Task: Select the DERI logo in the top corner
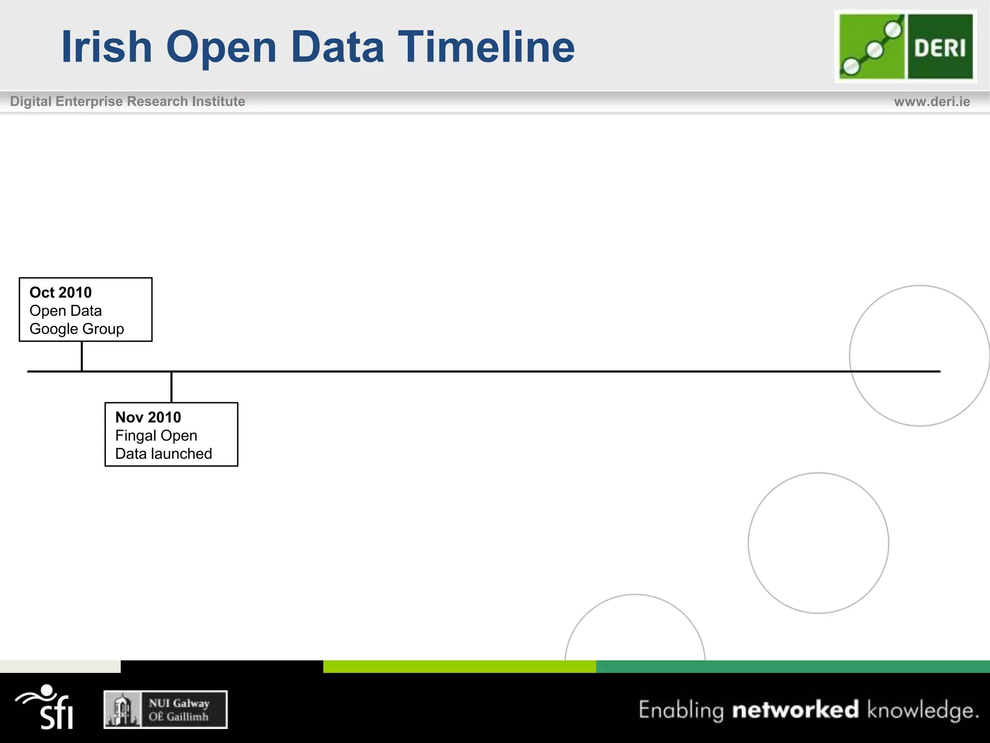[905, 46]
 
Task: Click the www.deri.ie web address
[932, 102]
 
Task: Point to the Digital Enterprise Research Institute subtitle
[128, 102]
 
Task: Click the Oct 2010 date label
[60, 293]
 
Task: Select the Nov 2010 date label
[148, 417]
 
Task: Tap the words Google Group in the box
[77, 329]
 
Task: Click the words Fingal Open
[156, 436]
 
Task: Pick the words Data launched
[163, 454]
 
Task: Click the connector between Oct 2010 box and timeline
[82, 356]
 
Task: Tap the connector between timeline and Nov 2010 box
[172, 387]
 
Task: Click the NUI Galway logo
[165, 710]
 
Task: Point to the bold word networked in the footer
[795, 710]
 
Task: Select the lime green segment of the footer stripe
[459, 667]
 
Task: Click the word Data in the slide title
[337, 47]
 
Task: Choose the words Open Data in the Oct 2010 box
[66, 311]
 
